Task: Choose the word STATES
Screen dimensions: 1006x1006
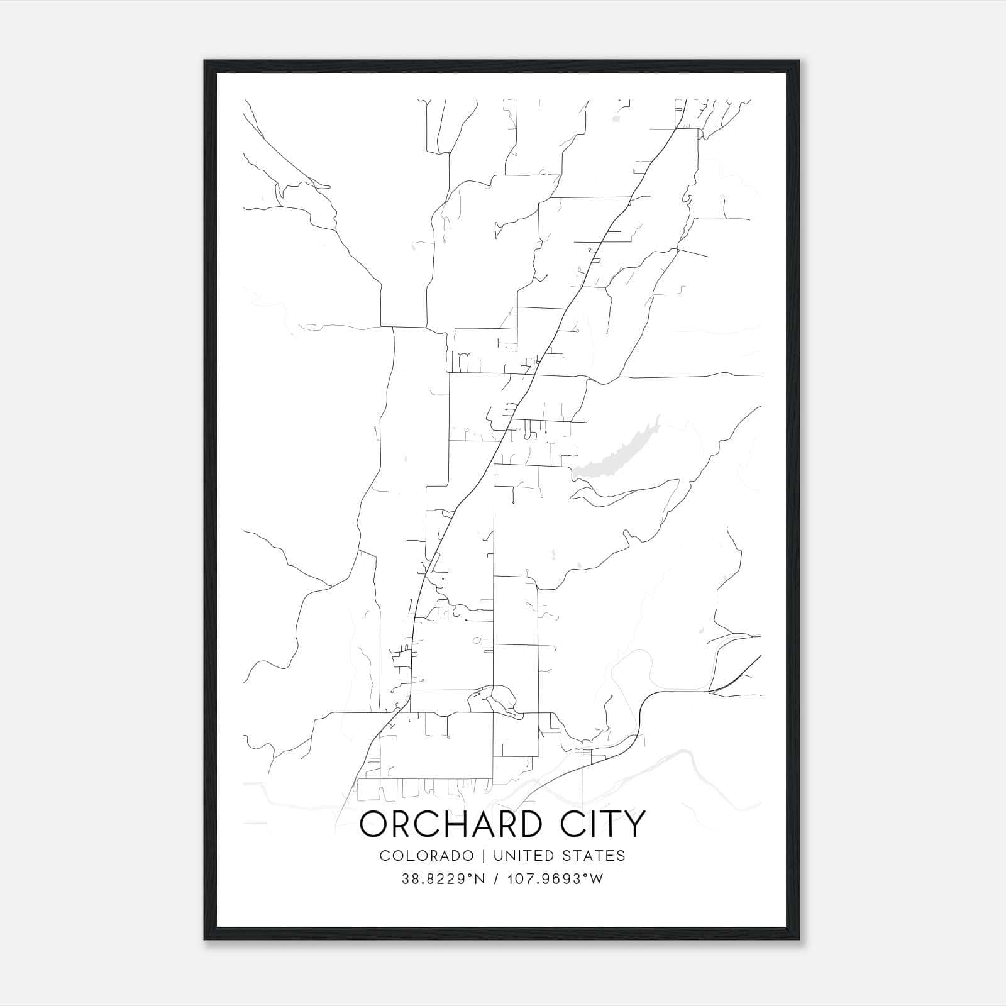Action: [593, 856]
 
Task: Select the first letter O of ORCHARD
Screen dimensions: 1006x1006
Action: [372, 824]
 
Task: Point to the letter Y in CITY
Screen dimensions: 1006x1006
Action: [635, 824]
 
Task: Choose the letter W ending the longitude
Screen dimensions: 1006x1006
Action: [597, 879]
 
